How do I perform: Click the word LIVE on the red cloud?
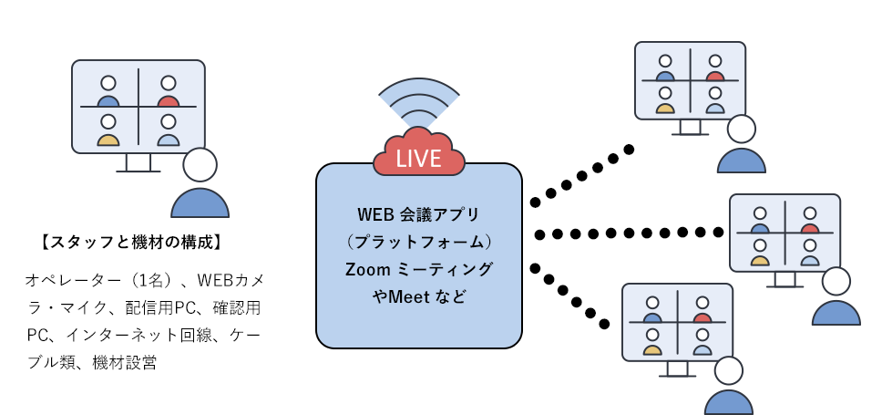(418, 158)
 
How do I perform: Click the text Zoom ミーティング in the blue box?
(418, 270)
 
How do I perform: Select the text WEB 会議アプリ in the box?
(418, 214)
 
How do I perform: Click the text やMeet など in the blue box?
(418, 296)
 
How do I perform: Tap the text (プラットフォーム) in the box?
(418, 242)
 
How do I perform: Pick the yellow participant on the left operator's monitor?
(108, 130)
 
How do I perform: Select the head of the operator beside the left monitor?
(200, 164)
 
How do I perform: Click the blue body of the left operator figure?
(200, 203)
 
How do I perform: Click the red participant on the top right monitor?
(715, 68)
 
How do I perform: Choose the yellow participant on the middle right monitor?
(760, 253)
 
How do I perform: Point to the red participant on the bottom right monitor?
(702, 310)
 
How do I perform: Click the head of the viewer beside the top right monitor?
(742, 129)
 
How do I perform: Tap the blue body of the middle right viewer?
(836, 313)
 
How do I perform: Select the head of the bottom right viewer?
(728, 370)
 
